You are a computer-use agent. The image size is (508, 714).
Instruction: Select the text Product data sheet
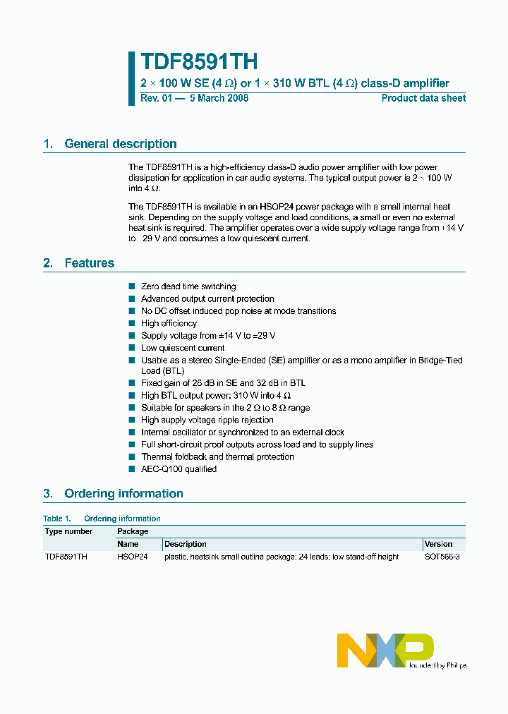coord(423,98)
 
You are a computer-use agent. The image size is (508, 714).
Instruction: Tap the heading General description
coord(120,144)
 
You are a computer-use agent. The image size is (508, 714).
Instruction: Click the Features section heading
coord(89,263)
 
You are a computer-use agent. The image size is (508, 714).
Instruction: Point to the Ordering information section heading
coord(123,494)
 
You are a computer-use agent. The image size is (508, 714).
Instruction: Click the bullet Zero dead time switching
coord(188,286)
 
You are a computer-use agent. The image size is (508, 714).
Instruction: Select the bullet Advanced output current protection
coord(207,299)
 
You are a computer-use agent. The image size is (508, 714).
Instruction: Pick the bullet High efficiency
coord(169,323)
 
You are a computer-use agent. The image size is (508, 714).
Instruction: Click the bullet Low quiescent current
coord(183,348)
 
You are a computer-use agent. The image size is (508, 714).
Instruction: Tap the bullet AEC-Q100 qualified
coord(179,469)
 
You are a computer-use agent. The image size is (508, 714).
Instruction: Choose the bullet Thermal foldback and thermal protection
coord(217,457)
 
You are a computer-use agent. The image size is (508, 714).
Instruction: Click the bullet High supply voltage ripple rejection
coord(207,420)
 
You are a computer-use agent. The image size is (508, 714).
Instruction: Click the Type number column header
coord(68,531)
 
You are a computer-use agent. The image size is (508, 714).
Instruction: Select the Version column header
coord(438,544)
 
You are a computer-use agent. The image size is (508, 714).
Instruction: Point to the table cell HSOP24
coord(132,557)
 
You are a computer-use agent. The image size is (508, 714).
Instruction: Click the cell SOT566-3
coord(442,557)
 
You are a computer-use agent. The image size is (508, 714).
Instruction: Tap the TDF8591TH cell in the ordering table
coord(66,557)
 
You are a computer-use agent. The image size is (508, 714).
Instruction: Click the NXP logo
coord(385,650)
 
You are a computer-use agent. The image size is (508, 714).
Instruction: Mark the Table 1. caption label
coord(58,519)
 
